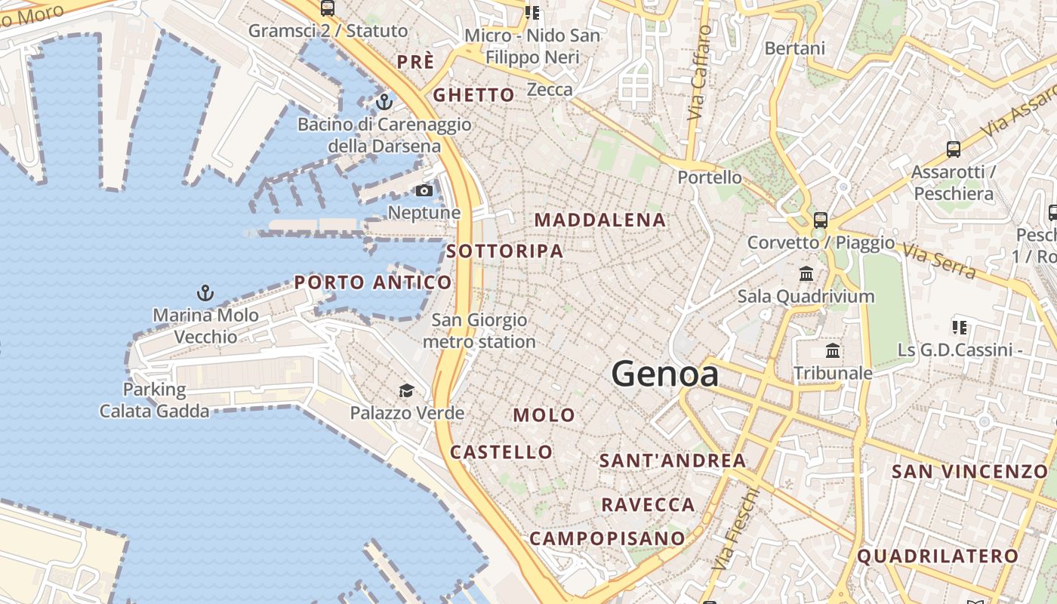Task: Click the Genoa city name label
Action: [664, 374]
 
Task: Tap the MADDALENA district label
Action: [600, 220]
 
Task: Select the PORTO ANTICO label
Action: [373, 282]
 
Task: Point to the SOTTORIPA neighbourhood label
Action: [504, 251]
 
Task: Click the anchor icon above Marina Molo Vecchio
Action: [205, 293]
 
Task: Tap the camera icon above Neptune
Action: [424, 191]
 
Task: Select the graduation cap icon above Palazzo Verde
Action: [406, 390]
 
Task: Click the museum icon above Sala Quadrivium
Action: [806, 273]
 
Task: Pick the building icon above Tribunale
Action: [833, 350]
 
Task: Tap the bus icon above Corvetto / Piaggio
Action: [821, 220]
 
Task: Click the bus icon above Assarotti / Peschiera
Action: [954, 149]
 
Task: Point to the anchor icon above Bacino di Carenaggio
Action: [384, 101]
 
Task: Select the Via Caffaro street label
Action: [700, 73]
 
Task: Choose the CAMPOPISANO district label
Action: [607, 538]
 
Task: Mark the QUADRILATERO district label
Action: [938, 556]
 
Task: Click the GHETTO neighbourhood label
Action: [473, 95]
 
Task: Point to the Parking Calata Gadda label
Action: [154, 400]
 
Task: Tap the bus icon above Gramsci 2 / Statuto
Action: [327, 8]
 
